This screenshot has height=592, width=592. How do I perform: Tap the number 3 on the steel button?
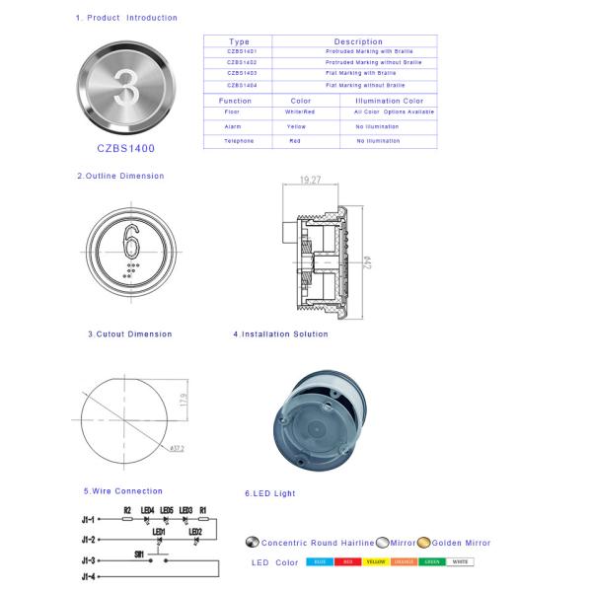(x=126, y=85)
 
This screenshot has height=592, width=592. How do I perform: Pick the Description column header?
(x=358, y=41)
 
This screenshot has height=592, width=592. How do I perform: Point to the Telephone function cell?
(x=239, y=141)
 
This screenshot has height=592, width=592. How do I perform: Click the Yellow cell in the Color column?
(x=296, y=127)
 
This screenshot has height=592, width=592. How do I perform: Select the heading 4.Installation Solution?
(x=280, y=334)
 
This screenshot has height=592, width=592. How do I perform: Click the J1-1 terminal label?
(x=88, y=519)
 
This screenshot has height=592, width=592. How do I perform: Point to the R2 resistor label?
(x=127, y=509)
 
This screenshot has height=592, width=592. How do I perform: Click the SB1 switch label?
(x=140, y=555)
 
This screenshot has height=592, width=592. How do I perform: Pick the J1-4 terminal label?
(x=88, y=575)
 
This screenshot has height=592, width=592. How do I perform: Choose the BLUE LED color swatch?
(x=320, y=562)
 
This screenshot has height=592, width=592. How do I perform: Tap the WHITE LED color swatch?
(x=460, y=562)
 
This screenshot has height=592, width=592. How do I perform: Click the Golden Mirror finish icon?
(x=423, y=542)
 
